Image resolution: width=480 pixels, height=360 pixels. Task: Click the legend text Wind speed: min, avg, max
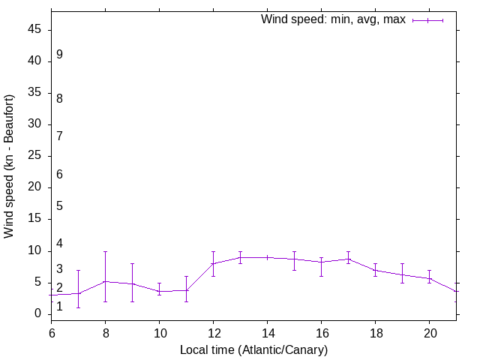[333, 19]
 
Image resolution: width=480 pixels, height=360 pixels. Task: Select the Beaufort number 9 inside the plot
[59, 55]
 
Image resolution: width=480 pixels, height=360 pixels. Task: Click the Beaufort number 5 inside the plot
[59, 206]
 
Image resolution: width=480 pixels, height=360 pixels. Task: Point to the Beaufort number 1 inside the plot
[59, 306]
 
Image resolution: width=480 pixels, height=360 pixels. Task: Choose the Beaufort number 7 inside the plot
[59, 136]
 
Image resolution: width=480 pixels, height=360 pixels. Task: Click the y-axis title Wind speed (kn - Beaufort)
[10, 166]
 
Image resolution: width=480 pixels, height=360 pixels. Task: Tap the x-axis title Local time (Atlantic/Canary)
[253, 349]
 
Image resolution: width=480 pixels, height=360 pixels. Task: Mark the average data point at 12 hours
[213, 263]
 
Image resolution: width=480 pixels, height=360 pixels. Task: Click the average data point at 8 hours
[105, 281]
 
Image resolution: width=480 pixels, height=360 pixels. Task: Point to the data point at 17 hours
[348, 259]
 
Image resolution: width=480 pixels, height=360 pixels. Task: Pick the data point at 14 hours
[267, 257]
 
